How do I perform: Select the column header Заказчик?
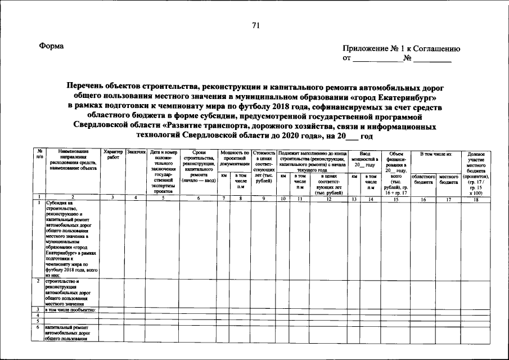[x=136, y=152]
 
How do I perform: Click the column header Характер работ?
[x=113, y=155]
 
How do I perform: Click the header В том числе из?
[x=436, y=154]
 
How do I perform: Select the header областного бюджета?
[x=424, y=179]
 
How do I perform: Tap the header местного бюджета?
[x=449, y=179]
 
